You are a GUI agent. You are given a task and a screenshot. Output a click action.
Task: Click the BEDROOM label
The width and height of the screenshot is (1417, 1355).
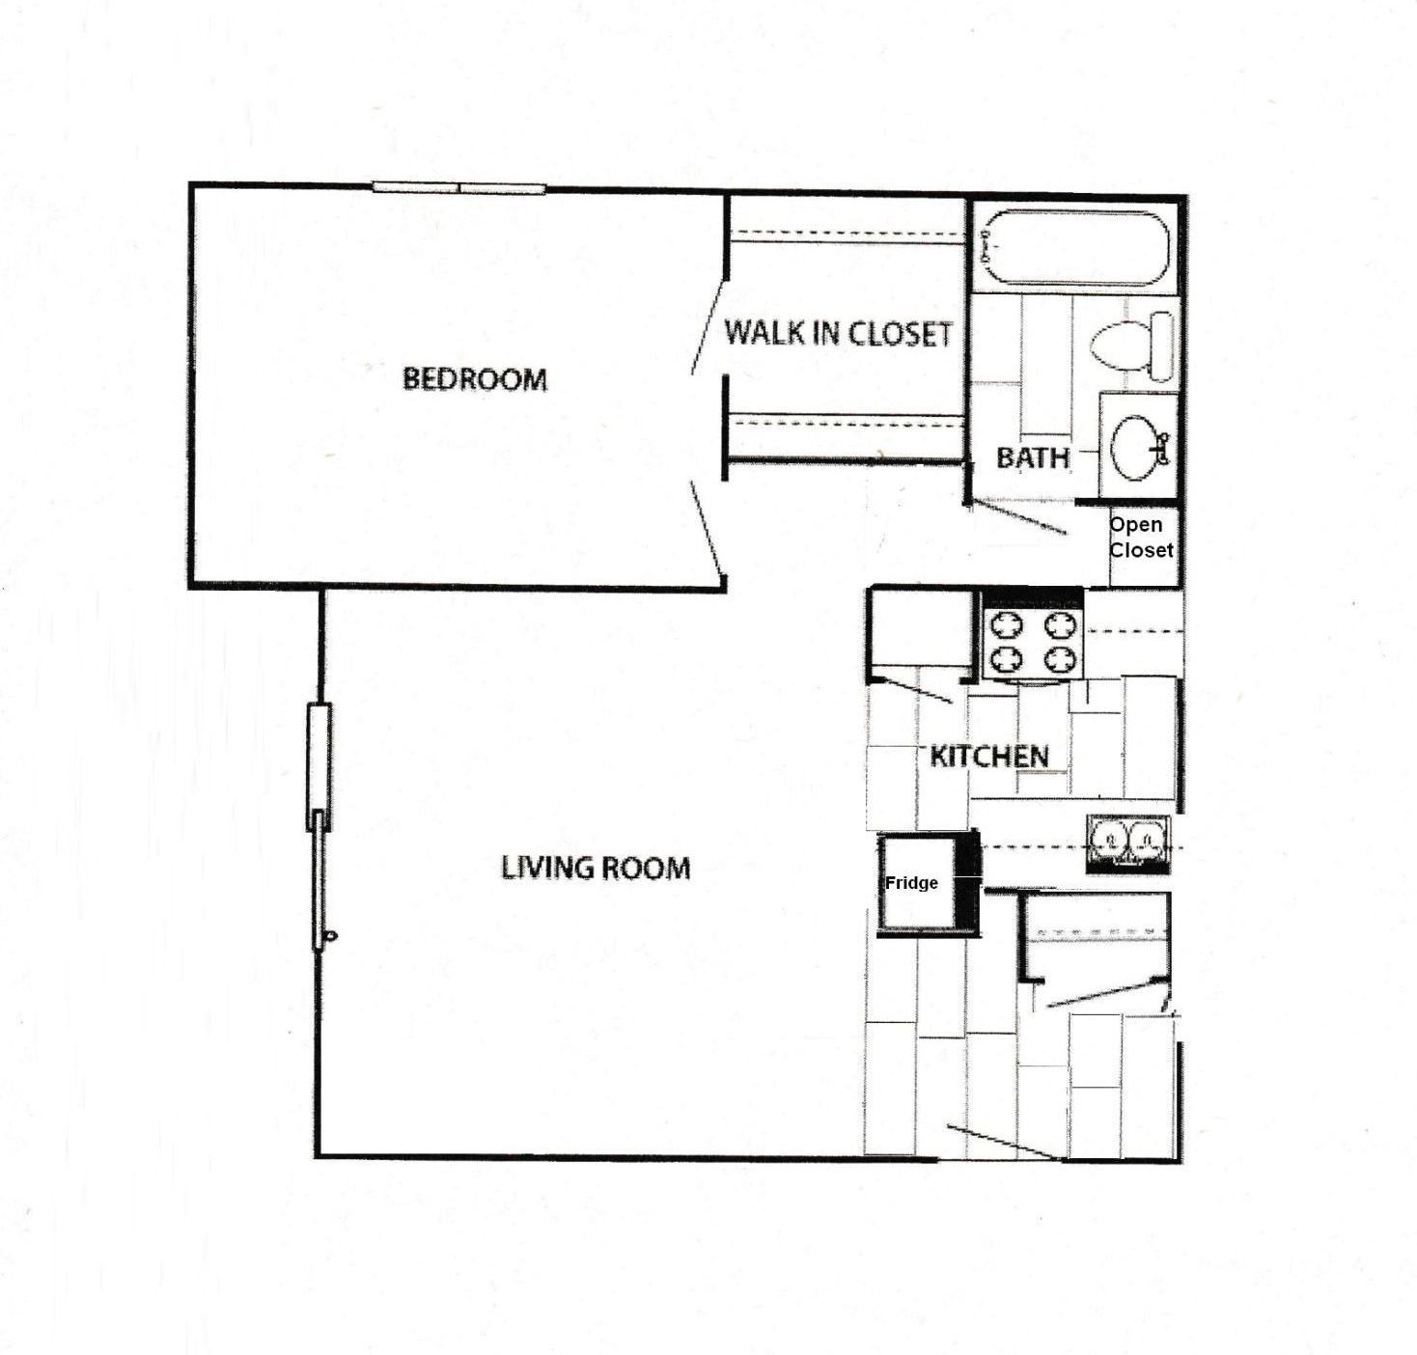[474, 378]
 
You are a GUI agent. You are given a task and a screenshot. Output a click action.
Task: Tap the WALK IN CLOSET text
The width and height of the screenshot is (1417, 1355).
[838, 334]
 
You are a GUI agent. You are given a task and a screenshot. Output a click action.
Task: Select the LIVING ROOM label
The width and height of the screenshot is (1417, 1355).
[596, 868]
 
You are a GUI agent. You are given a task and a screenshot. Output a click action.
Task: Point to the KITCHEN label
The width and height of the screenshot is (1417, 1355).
[988, 756]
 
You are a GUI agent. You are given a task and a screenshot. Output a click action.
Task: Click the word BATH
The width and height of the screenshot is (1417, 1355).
[1032, 457]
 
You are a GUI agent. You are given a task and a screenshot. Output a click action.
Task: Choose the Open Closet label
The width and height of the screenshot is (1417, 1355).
[1140, 538]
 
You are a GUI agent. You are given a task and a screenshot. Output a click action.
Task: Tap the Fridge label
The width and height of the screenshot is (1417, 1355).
[911, 883]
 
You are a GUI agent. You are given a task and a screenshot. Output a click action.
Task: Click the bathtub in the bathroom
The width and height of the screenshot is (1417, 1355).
[1077, 248]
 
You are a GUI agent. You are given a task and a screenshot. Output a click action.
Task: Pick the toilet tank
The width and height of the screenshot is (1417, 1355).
[1162, 346]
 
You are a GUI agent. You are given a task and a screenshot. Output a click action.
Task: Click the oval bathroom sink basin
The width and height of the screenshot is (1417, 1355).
[1135, 448]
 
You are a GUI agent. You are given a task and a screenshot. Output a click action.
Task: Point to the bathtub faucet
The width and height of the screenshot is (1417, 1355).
[986, 247]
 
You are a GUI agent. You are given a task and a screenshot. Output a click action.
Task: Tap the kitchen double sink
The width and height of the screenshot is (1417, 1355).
[1126, 843]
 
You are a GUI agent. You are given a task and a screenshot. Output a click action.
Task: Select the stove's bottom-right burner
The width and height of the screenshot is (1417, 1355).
[1060, 659]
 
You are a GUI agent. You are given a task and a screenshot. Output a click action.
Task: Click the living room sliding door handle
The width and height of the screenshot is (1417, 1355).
[331, 934]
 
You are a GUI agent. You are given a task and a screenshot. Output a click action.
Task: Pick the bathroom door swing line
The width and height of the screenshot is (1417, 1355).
[1018, 517]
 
